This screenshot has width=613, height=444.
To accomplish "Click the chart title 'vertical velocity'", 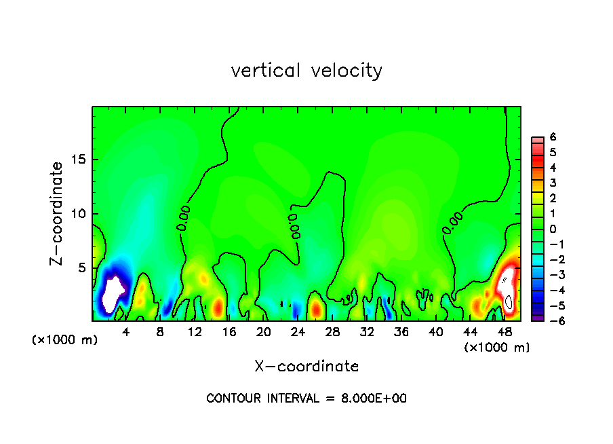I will point(306,71).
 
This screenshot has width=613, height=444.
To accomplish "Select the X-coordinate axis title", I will point(306,367).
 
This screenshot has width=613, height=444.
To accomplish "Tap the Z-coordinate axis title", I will point(56,213).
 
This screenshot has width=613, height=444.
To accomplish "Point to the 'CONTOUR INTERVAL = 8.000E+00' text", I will point(306,399).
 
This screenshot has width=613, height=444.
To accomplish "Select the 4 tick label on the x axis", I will point(126,332).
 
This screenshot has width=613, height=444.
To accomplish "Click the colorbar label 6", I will point(553,137).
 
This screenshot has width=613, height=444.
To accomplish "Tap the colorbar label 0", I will point(553,229).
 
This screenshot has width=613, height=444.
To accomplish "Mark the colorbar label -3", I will point(551,275).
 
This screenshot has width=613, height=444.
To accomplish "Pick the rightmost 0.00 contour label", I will point(452,223).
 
